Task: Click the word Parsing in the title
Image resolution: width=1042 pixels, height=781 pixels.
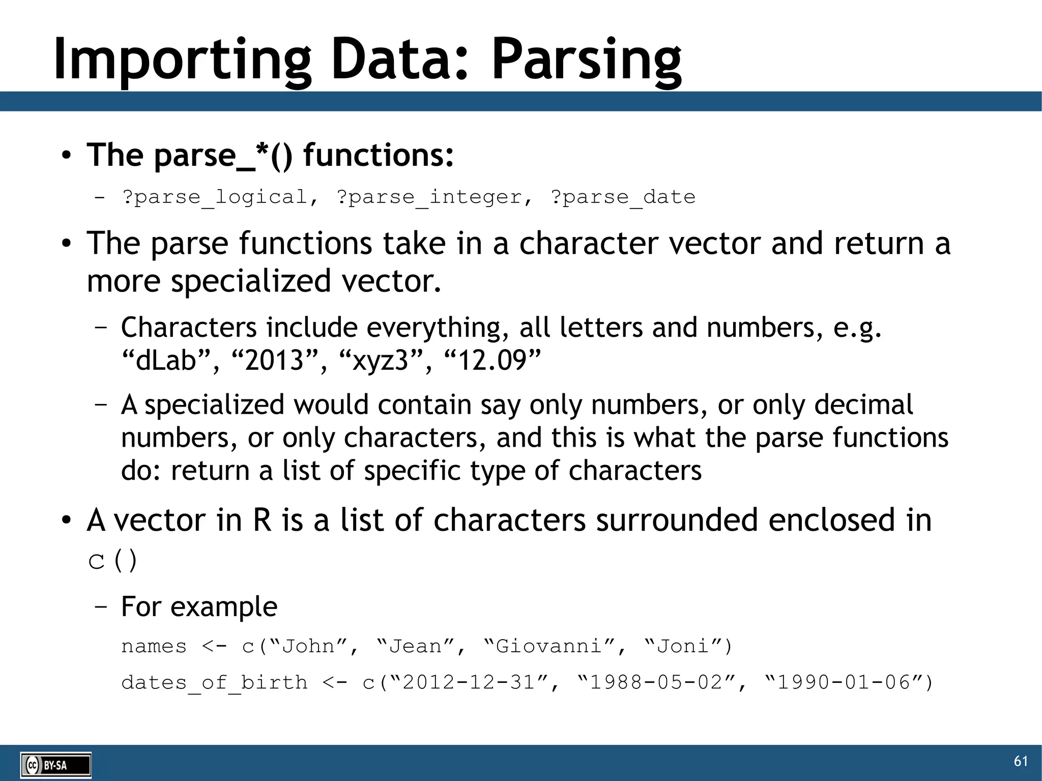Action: click(x=586, y=60)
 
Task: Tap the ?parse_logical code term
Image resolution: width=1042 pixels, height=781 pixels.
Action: click(x=215, y=197)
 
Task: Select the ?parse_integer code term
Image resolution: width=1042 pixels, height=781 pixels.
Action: click(x=429, y=197)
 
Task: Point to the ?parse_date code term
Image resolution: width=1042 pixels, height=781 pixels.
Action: click(x=623, y=197)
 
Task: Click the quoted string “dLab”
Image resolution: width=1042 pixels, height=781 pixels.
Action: click(x=166, y=360)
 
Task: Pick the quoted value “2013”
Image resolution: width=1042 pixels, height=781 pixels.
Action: click(x=274, y=360)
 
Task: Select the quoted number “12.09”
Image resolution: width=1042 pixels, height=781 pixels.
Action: click(x=492, y=360)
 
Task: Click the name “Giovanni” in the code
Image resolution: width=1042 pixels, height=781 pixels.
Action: click(x=549, y=646)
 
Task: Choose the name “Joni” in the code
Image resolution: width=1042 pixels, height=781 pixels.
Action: click(x=683, y=646)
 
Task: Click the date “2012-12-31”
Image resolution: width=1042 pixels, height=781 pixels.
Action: click(x=469, y=682)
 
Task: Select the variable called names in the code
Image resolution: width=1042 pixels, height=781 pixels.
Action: click(x=154, y=647)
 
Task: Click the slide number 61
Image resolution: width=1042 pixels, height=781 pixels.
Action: click(x=1021, y=761)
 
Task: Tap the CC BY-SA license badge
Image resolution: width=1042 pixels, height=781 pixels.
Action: click(x=55, y=765)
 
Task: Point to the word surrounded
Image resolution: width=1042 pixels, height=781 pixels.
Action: click(x=677, y=520)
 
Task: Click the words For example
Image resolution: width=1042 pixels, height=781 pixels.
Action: click(x=199, y=606)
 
